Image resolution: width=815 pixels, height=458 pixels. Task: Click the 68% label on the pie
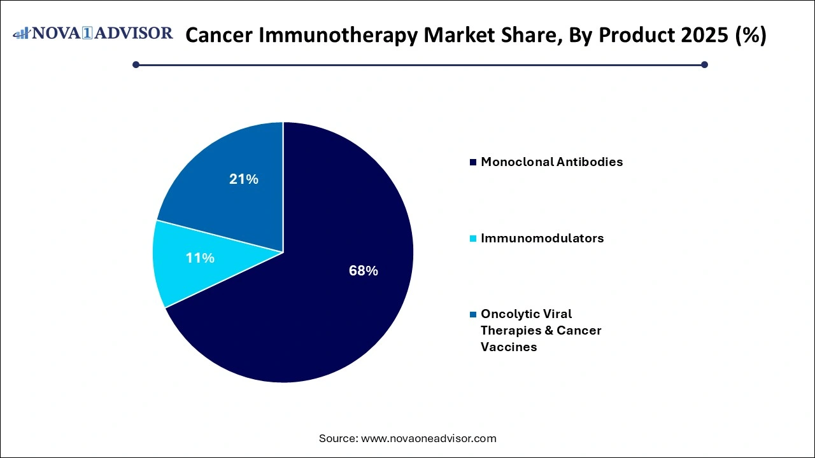coord(363,271)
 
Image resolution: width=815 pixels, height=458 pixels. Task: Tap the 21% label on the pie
coord(243,179)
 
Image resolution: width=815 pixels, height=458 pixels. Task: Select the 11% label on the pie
coord(200,258)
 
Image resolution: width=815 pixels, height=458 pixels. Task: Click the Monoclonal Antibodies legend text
coord(551,162)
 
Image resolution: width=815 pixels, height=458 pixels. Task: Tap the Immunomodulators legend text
coord(542,238)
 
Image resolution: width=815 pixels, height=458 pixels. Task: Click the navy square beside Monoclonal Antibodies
coord(472,162)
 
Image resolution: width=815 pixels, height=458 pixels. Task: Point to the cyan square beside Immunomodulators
coord(472,239)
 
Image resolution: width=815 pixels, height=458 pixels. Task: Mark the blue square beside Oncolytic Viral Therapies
coord(472,314)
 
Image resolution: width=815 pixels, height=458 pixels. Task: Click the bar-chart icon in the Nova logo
coord(22,33)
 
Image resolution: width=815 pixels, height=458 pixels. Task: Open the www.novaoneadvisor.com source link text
coord(429,438)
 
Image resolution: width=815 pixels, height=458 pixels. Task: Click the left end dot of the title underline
coord(136,64)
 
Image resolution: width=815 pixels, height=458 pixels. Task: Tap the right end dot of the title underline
coord(704,64)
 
